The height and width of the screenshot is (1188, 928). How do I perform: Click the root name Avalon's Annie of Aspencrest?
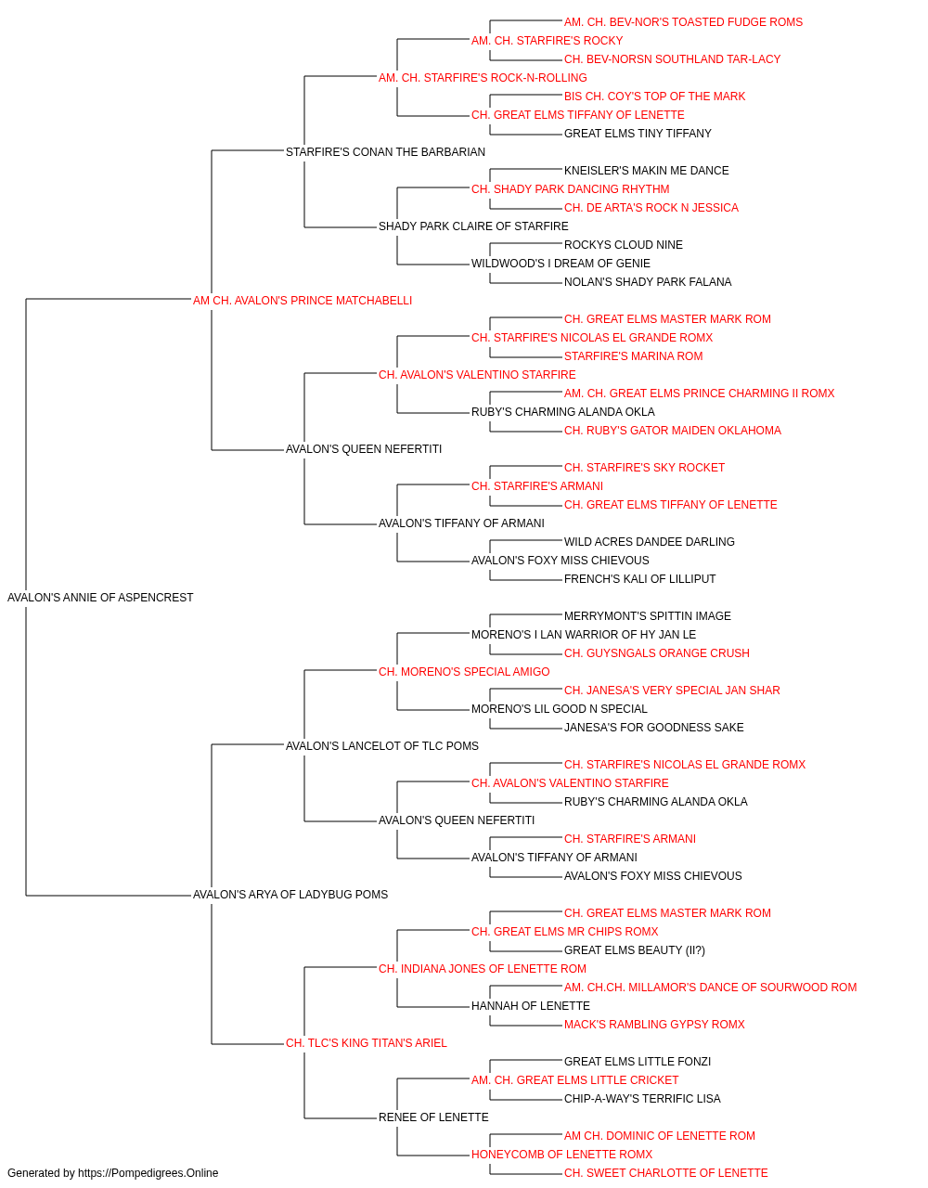[100, 598]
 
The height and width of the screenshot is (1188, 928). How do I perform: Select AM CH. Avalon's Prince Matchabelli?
[303, 301]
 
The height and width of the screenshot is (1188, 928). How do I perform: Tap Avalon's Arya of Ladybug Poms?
[290, 895]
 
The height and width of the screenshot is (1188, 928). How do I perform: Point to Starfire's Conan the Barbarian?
[385, 152]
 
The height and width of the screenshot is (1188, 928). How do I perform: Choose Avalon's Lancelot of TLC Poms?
[382, 746]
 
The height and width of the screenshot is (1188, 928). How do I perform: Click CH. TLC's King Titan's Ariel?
[367, 1043]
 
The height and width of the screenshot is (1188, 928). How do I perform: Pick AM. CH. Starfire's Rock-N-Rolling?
[483, 78]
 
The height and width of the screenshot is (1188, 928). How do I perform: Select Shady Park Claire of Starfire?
[473, 226]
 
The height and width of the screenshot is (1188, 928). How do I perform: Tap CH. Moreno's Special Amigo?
[464, 672]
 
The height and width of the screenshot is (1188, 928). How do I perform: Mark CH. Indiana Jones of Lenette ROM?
[482, 969]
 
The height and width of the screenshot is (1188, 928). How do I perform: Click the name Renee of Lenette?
[433, 1117]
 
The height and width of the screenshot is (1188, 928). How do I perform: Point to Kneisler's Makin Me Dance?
[646, 171]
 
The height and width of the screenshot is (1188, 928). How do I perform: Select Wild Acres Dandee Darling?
[650, 542]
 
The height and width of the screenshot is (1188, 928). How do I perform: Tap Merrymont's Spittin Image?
[647, 616]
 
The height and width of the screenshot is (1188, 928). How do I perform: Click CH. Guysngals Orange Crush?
[656, 653]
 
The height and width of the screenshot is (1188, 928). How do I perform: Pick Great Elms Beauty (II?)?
[635, 950]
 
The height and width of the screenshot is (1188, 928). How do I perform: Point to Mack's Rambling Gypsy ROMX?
[654, 1025]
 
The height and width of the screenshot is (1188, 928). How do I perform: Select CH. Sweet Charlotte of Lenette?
[665, 1173]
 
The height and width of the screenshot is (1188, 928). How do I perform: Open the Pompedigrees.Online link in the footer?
[148, 1173]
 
